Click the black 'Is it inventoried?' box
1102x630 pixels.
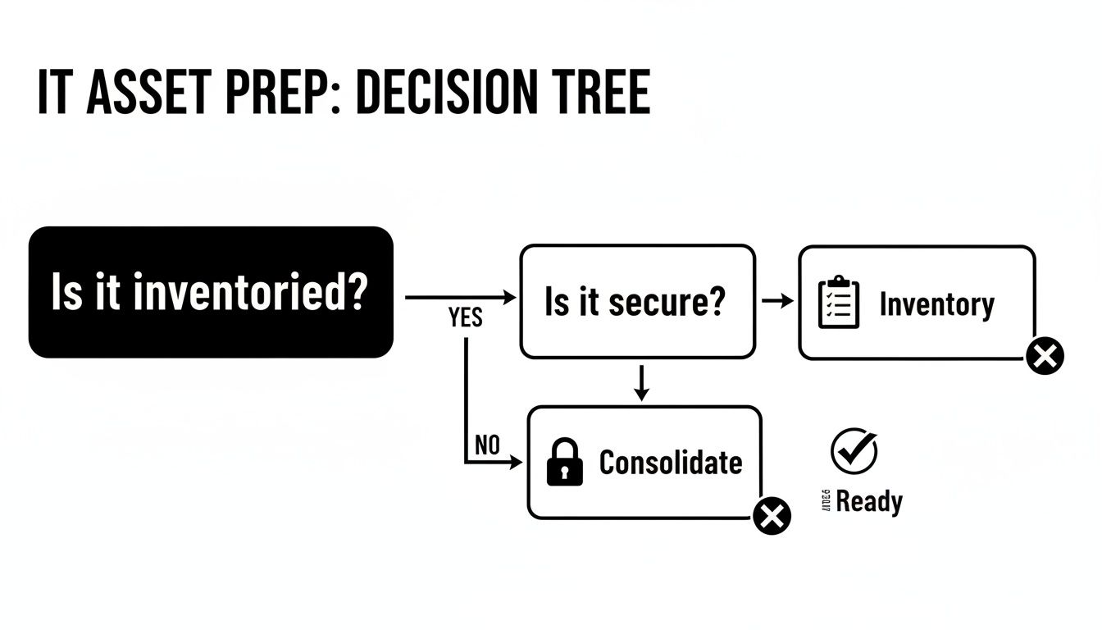211,292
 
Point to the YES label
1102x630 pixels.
466,318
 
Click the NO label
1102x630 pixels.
487,445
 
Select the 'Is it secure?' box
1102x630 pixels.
637,301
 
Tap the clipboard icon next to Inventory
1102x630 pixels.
839,304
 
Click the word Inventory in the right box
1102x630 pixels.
936,304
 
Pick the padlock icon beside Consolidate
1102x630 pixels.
564,463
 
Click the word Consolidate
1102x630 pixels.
670,463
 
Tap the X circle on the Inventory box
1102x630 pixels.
1045,356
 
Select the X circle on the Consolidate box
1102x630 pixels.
772,516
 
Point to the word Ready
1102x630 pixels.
869,501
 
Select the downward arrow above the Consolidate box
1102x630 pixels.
642,383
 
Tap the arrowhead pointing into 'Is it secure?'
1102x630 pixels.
510,298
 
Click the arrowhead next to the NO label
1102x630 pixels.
516,463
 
